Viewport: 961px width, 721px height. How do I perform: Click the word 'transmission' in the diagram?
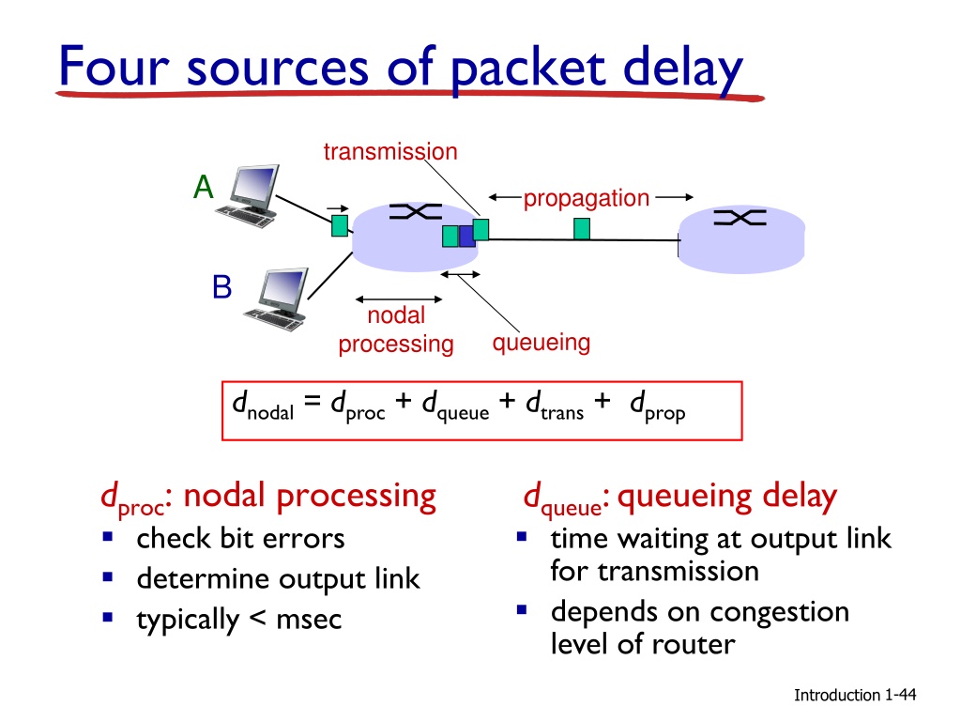390,151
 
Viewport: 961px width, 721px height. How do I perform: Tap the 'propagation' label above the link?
586,199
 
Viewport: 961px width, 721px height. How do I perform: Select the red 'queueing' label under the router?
542,343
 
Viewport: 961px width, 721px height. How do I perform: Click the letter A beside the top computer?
204,187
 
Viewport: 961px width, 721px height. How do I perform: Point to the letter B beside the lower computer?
221,287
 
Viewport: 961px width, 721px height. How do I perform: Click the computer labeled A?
248,195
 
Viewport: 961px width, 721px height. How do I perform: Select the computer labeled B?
277,299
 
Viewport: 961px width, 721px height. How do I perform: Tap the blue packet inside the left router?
466,236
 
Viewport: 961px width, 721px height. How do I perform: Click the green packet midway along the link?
582,229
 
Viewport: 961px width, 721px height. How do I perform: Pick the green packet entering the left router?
340,225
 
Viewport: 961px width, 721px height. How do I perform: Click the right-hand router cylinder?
741,239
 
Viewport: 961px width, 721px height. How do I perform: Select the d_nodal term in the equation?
263,407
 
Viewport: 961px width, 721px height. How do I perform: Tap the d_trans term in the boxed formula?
555,407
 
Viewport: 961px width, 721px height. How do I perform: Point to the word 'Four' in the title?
114,67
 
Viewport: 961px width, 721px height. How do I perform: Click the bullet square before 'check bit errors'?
108,537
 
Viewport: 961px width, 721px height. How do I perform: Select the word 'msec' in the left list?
309,620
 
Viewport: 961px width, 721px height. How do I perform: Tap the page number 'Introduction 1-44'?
855,695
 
